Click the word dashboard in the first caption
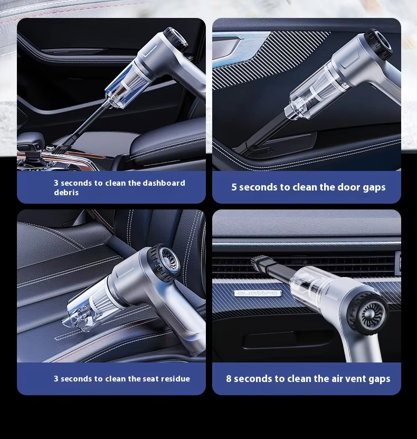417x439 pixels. coord(164,183)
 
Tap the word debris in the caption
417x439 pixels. coord(66,193)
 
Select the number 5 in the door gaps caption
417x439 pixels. coord(234,187)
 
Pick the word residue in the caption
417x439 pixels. coord(175,379)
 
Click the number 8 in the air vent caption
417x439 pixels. coord(229,378)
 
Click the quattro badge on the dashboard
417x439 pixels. coord(258,293)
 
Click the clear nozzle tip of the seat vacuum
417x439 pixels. coord(73,320)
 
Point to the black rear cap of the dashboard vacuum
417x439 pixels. coord(176,39)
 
